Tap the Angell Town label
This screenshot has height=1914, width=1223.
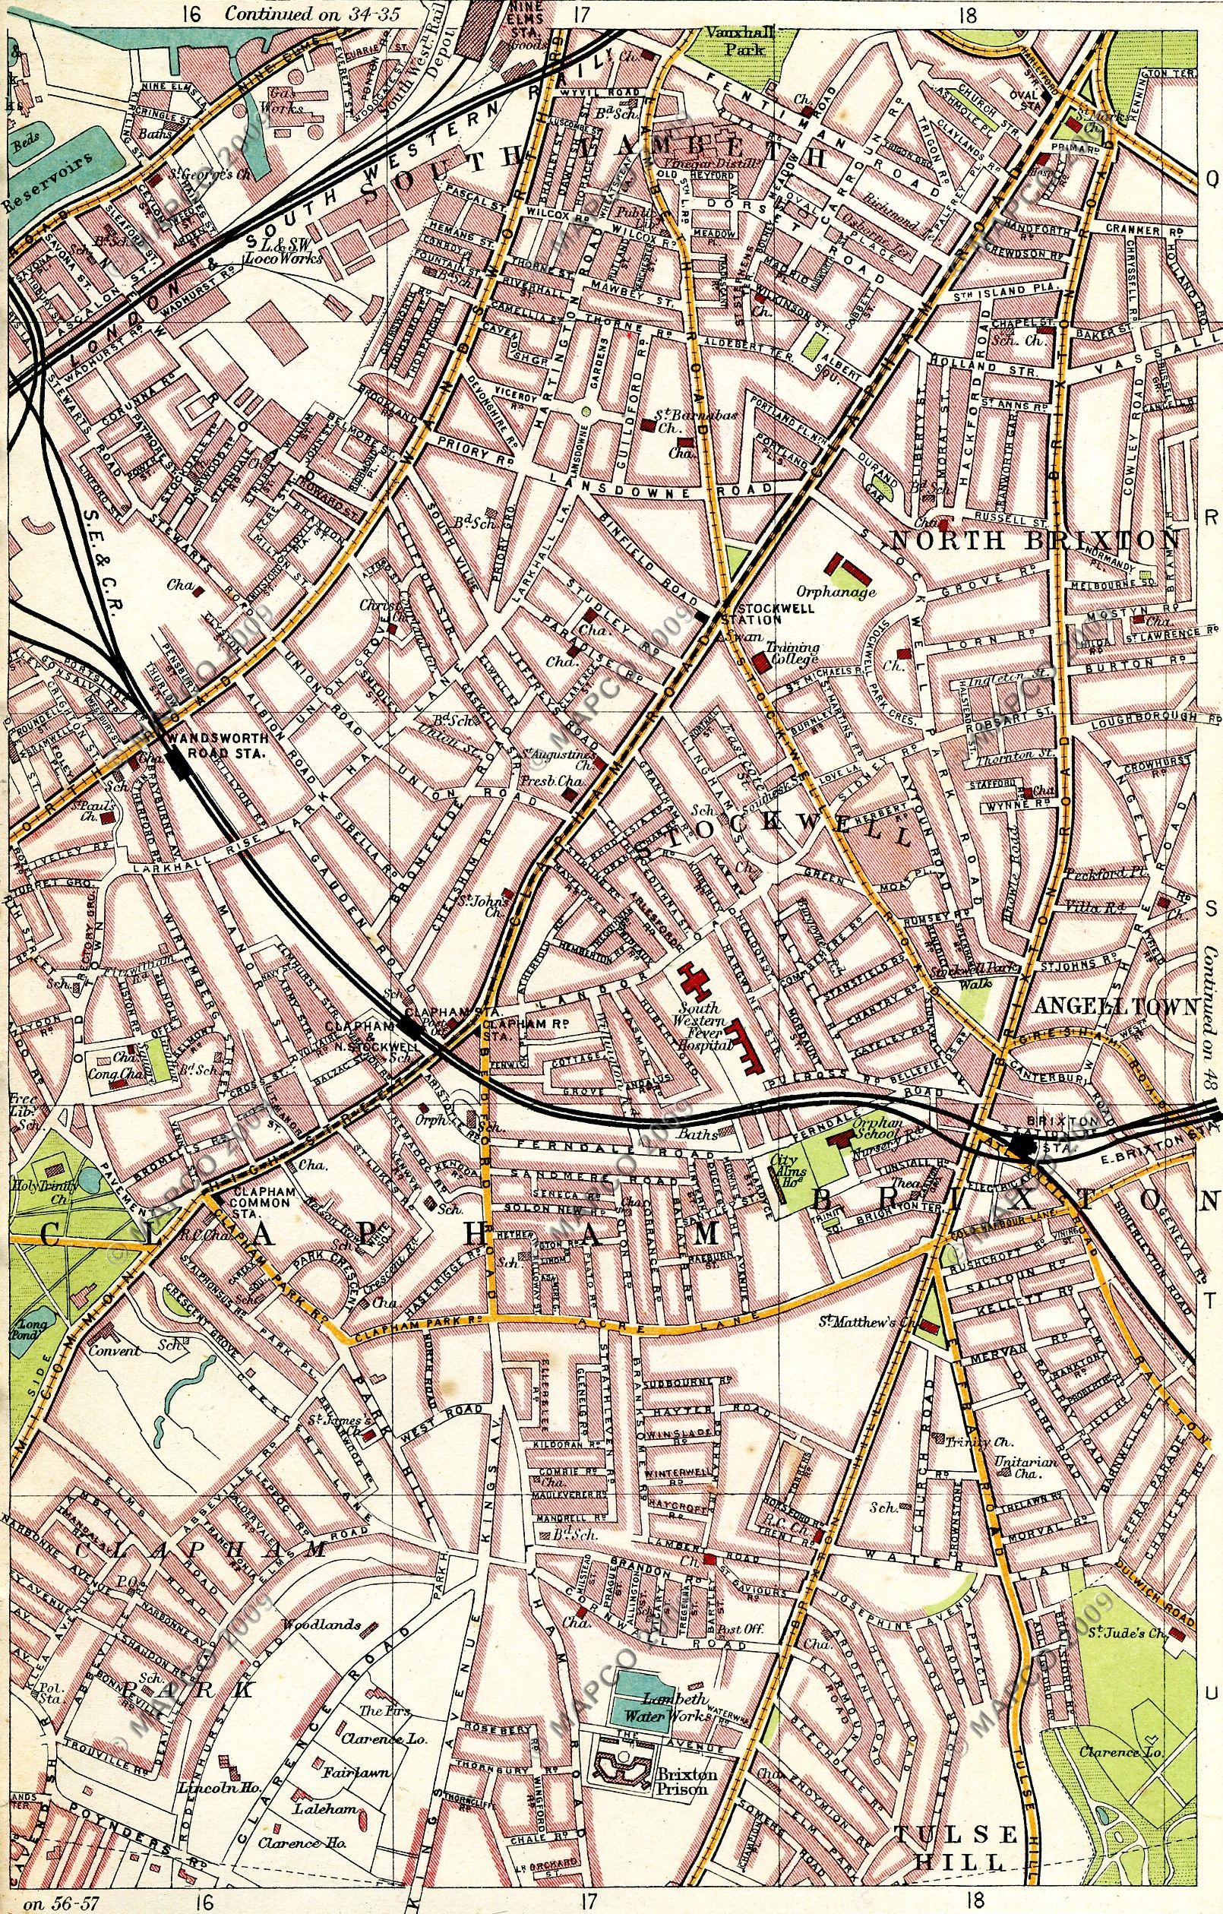[1114, 1007]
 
